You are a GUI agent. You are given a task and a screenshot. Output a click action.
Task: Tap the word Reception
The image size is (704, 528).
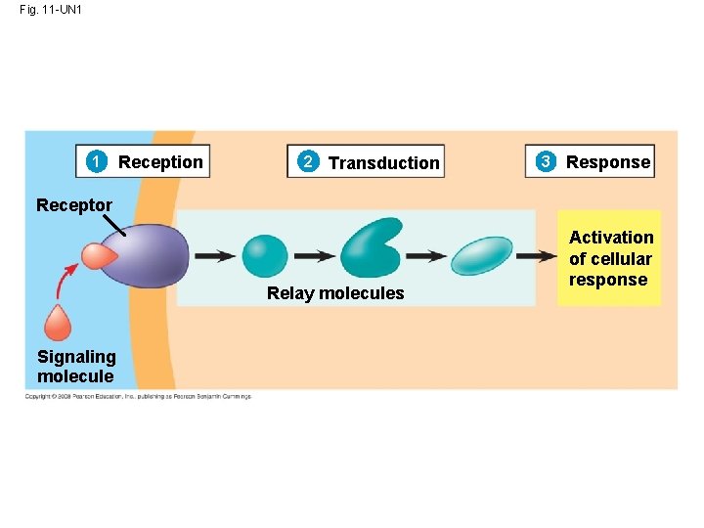click(160, 162)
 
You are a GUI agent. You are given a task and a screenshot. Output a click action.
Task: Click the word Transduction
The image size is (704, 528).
click(383, 163)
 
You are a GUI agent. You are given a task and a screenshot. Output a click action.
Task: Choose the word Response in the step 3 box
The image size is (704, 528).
click(607, 162)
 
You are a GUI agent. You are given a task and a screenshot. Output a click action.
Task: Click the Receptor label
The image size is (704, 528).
click(74, 205)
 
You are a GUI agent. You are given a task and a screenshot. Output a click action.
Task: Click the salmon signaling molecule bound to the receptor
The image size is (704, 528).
click(99, 256)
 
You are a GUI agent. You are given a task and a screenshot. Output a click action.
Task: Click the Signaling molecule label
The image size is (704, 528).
click(76, 367)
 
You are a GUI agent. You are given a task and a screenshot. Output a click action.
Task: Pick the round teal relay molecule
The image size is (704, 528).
click(265, 256)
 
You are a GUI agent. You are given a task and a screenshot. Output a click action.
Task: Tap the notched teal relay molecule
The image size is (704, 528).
click(371, 248)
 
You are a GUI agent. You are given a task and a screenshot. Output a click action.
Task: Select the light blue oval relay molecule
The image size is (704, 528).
click(482, 256)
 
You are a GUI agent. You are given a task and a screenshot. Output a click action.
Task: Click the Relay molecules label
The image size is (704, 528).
click(335, 293)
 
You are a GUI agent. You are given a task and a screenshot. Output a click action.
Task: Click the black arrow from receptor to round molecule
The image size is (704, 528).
click(214, 256)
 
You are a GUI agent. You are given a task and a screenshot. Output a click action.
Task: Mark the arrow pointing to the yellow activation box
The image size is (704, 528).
click(536, 256)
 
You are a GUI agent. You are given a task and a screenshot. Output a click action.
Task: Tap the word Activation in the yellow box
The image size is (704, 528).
click(611, 238)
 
